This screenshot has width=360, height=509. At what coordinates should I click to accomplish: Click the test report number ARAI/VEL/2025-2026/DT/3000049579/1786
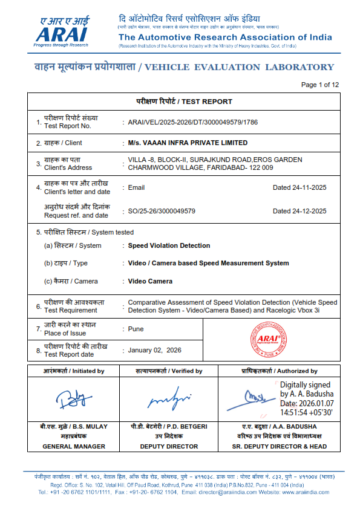193,122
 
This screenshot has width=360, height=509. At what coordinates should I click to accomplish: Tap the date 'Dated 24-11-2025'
299,187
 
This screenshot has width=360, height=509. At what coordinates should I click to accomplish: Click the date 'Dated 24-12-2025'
299,211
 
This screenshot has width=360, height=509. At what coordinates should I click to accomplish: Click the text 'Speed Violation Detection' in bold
169,246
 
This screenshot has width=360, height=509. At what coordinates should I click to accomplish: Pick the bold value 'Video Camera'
150,281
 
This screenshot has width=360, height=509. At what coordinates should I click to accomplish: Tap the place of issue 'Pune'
136,329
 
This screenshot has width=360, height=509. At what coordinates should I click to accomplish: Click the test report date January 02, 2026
154,350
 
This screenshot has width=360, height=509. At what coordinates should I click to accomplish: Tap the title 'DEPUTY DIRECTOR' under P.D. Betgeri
169,447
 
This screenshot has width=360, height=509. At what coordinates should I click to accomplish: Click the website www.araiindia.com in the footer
306,492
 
